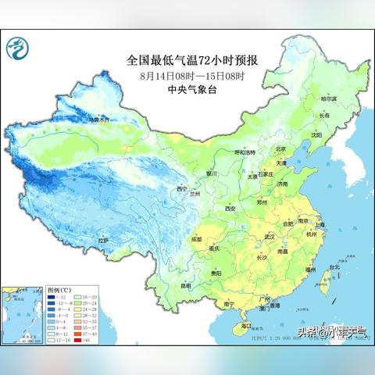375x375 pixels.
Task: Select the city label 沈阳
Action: click(316, 134)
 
